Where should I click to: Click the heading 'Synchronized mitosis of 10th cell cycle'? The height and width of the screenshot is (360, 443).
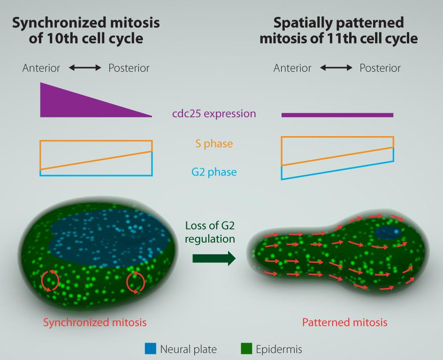coord(86,30)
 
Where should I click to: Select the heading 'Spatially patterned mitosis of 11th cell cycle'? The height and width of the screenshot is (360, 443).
coord(338,30)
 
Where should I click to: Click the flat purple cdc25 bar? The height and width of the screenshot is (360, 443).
coord(337,115)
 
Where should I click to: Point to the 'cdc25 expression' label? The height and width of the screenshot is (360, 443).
coord(214,114)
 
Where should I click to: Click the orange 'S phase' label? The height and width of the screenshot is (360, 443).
coord(214,144)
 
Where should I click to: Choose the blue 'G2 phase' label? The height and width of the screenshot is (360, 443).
coord(214,172)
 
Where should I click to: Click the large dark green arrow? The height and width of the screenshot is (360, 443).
coord(214,258)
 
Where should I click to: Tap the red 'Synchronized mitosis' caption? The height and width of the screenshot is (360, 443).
coord(95,322)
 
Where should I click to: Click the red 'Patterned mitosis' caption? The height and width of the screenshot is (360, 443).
coord(344,322)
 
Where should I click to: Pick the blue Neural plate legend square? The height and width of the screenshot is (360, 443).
coord(150,349)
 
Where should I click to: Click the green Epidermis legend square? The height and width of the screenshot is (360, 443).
coord(246,349)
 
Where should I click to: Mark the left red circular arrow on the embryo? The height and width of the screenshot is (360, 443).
coord(50,280)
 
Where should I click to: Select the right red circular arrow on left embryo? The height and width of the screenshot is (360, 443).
coord(136,282)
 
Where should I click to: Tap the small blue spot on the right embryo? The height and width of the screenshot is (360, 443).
coord(388,232)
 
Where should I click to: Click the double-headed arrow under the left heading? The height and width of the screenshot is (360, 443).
coord(85,68)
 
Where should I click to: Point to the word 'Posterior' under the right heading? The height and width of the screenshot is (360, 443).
coord(380,68)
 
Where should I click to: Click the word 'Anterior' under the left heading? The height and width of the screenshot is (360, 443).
coord(41,68)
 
